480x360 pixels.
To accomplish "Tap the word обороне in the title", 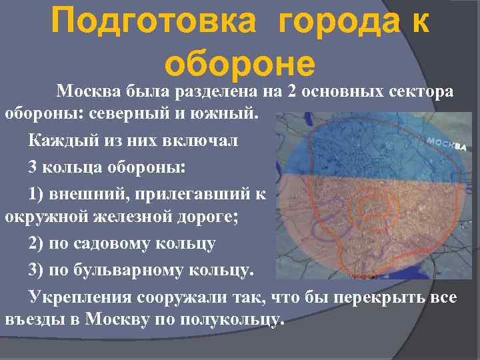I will coord(239,65).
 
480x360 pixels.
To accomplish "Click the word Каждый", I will coord(59,142).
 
